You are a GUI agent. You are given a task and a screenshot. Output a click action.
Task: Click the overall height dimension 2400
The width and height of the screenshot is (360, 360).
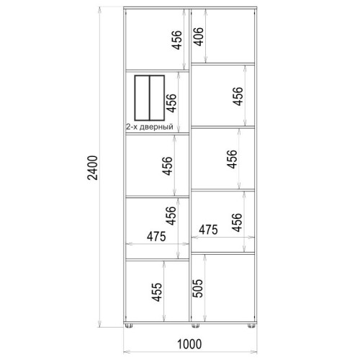(93, 168)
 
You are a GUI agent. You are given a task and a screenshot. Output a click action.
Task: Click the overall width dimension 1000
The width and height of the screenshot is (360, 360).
(189, 344)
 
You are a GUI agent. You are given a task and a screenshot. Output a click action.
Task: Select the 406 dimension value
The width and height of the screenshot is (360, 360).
(199, 36)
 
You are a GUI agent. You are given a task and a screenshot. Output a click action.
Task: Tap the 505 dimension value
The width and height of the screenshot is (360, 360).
(198, 288)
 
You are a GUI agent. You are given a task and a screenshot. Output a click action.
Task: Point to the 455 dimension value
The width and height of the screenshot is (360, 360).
(157, 292)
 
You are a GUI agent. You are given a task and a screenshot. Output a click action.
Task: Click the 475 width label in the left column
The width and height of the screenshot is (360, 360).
(156, 236)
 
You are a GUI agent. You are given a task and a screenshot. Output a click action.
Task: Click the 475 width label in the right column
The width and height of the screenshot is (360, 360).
(208, 230)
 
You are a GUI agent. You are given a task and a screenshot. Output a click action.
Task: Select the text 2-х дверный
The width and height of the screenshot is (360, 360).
(150, 127)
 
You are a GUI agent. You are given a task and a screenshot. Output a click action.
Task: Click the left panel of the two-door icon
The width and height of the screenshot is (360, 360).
(142, 98)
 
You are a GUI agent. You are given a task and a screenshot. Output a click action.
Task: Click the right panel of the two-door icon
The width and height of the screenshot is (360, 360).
(157, 98)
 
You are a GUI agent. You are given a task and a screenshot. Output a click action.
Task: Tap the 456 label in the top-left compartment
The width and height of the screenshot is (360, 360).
(177, 40)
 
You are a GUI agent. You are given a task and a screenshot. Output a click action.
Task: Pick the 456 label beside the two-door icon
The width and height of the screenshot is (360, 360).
(171, 103)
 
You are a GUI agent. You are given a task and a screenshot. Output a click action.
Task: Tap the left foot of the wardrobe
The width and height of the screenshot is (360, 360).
(129, 325)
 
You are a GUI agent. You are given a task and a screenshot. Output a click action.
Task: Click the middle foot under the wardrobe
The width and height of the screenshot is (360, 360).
(195, 325)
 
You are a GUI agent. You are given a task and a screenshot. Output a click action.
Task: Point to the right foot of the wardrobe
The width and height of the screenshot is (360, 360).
(251, 325)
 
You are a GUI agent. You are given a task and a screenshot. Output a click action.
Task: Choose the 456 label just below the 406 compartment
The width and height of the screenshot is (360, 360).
(238, 96)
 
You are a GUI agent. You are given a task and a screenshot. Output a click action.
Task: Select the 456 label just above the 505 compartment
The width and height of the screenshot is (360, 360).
(238, 222)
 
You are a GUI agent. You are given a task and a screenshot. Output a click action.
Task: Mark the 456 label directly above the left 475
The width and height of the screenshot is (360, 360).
(171, 215)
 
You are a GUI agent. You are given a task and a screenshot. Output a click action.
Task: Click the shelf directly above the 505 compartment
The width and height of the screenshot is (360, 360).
(222, 253)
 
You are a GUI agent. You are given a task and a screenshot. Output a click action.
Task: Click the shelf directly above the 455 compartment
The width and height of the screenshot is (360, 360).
(158, 260)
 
